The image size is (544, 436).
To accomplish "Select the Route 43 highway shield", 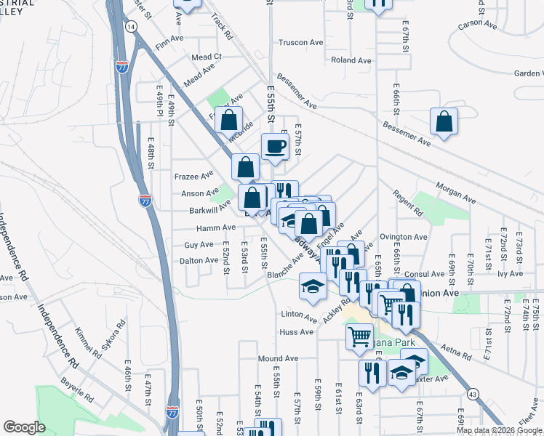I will point(473,394).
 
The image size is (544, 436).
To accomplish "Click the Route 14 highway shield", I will point(130,26).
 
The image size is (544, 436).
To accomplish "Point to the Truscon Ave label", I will point(300,43).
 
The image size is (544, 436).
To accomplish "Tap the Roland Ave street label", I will point(345,60).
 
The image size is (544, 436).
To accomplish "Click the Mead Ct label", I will point(207,57).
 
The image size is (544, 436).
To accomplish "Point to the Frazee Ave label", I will point(193,176).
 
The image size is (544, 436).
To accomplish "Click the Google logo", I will point(24,427).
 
